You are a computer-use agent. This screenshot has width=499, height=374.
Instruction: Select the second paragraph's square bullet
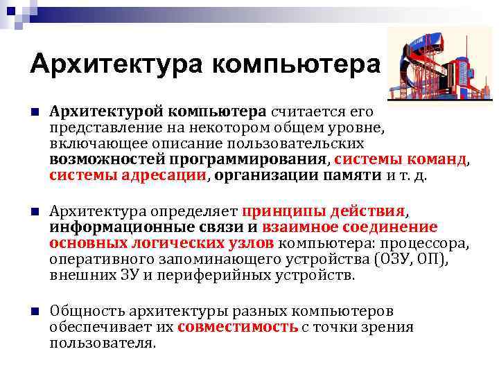point(34,211)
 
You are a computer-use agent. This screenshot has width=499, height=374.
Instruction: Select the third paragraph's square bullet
point(34,311)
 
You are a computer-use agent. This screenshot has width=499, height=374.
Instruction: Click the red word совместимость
point(238,327)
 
